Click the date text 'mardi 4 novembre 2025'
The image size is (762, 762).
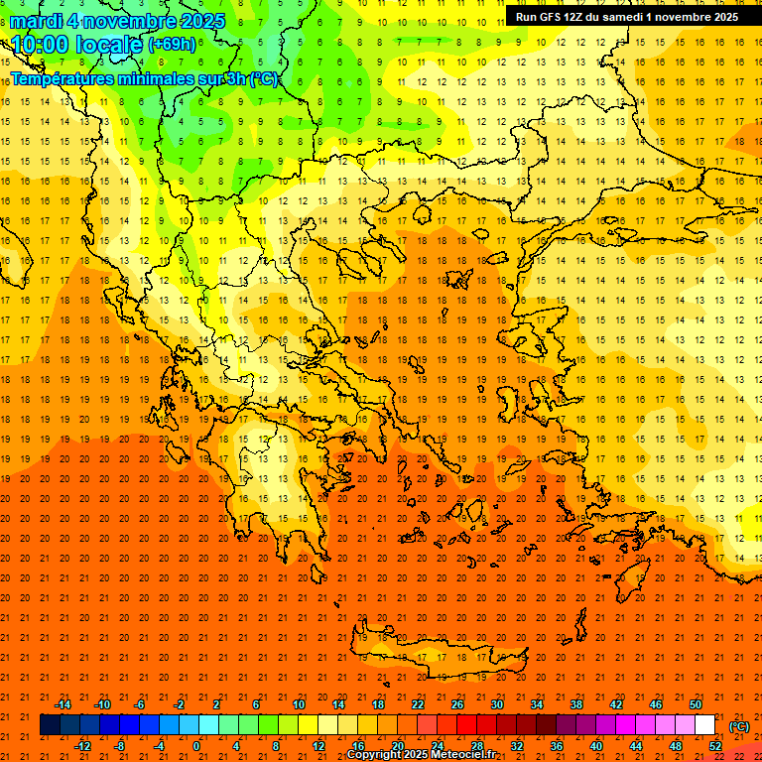point(118,21)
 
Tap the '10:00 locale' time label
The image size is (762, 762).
point(77,44)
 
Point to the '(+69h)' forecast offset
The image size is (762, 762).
point(171,45)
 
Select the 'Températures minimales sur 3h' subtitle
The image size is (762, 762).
point(144,79)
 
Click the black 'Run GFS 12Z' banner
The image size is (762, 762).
point(626,17)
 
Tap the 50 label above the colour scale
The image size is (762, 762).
point(696,704)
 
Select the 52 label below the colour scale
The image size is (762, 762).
point(715,746)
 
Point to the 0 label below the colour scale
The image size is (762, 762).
point(196,746)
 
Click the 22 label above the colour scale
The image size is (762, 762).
point(418,704)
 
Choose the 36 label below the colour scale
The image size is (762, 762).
point(557,746)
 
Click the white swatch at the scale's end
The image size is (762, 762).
point(705,725)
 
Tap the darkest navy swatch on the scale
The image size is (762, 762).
point(50,725)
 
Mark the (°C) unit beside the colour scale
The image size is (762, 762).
point(739,726)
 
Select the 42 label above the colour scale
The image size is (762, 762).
point(616,704)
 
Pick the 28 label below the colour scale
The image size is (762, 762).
point(477,746)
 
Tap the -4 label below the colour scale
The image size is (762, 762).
point(159,746)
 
